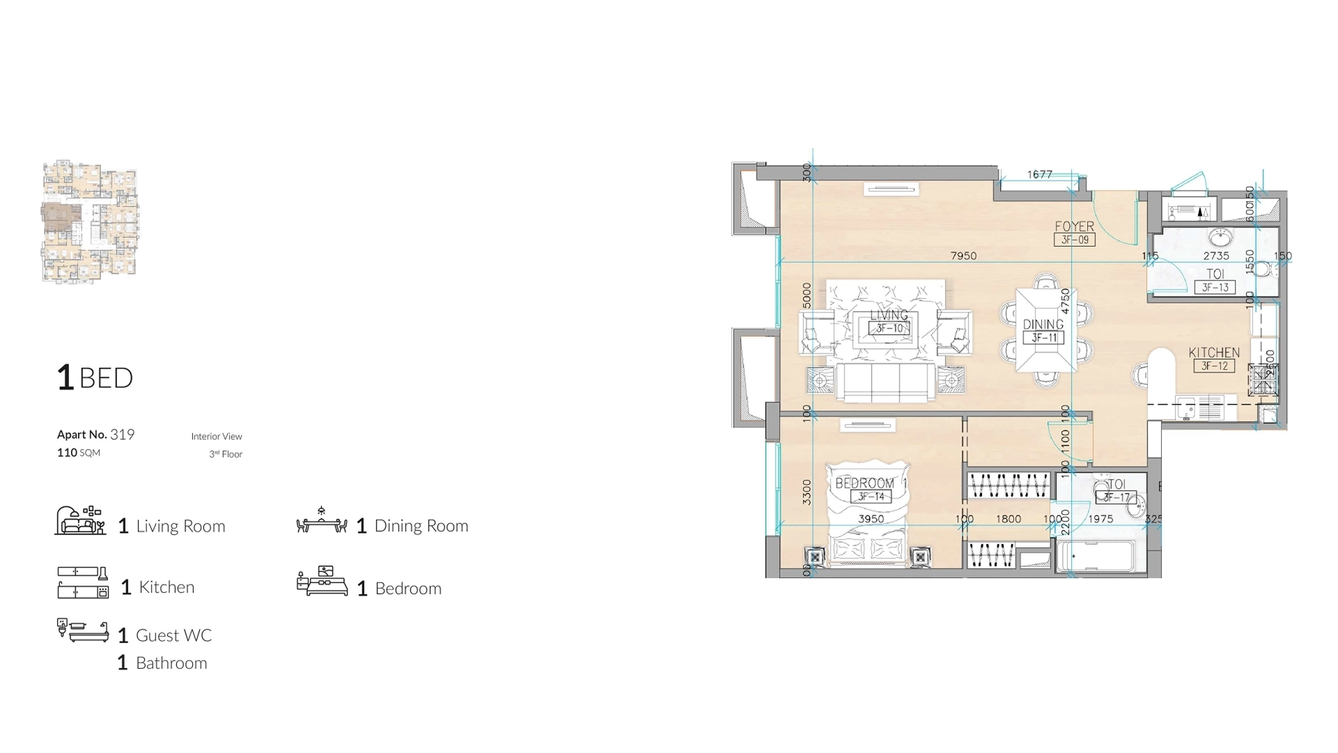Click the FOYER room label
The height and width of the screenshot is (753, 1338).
coord(1074,227)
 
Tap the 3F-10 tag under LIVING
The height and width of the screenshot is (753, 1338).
coord(889,328)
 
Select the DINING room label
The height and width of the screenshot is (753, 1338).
coord(1043,324)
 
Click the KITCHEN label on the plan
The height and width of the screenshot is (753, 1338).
coord(1214,353)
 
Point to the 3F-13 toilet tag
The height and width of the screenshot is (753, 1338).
coord(1215,287)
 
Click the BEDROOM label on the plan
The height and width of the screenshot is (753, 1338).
coord(864,483)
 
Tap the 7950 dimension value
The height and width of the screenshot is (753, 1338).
coord(963,256)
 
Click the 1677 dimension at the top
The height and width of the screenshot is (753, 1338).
coord(1039,174)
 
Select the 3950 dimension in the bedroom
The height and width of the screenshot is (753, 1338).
coord(871,519)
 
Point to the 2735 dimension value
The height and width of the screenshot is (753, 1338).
coord(1216,256)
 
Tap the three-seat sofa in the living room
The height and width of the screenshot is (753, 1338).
coord(886,382)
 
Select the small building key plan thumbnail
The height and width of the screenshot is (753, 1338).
coord(90,222)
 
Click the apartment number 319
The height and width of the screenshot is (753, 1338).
coord(122,434)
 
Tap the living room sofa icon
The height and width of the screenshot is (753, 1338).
coord(80,521)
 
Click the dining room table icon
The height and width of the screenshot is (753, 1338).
coord(321,522)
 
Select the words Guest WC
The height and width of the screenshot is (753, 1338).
coord(174,635)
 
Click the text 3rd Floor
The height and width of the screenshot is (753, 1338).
coord(226,454)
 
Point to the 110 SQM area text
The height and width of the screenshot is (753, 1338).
coord(79,452)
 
